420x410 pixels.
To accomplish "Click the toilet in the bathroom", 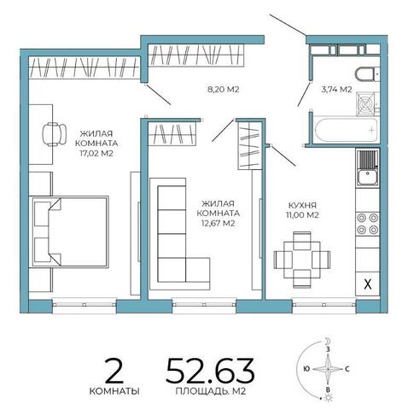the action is (x=367, y=74).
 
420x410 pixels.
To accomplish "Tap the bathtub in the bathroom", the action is (x=347, y=130).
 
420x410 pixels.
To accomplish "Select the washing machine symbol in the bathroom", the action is (x=365, y=104).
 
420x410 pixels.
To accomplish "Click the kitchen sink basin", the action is (x=367, y=177).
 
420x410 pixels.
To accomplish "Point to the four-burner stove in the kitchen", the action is (x=367, y=224).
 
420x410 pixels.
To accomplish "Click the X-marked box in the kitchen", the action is (x=368, y=284).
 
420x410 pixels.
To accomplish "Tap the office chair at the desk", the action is (x=54, y=134).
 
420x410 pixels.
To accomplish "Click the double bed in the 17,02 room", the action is (x=70, y=231).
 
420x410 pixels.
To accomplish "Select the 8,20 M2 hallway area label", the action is (x=224, y=90).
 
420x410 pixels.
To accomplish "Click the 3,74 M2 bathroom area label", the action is (x=336, y=90).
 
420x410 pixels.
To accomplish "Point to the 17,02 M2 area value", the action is (x=96, y=154).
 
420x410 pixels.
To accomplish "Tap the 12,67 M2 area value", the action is (x=219, y=223).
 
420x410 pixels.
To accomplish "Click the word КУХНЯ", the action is (x=302, y=205).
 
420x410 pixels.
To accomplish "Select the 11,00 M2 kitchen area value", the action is (x=302, y=215).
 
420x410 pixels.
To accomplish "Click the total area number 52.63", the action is (x=210, y=370).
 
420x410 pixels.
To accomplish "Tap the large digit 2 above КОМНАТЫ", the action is (x=114, y=371).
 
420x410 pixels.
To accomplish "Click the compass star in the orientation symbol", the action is (x=328, y=369).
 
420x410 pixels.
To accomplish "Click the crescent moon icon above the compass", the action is (x=329, y=341).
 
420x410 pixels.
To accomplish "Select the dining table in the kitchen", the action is (x=302, y=259).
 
